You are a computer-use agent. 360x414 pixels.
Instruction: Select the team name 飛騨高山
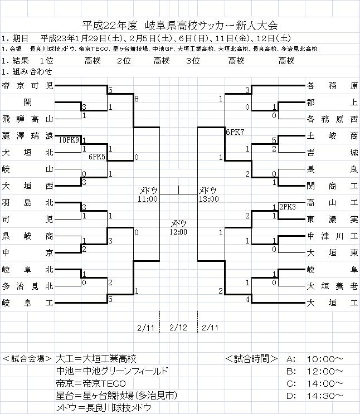click(x=27, y=119)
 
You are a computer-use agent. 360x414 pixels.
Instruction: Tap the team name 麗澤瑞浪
click(x=27, y=135)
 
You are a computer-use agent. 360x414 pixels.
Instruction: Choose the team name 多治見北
click(x=27, y=286)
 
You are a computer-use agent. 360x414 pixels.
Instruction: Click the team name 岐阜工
click(x=27, y=303)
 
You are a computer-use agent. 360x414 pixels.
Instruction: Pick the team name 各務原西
click(x=332, y=119)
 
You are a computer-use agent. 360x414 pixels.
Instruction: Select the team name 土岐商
click(x=332, y=135)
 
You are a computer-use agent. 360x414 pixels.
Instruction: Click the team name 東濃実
click(x=332, y=219)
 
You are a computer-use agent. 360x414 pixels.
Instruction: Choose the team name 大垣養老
click(x=332, y=286)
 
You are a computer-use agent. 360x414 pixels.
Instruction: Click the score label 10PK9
click(x=69, y=140)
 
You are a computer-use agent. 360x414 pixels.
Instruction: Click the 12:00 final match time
click(x=179, y=231)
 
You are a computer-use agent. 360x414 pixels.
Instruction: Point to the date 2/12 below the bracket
click(x=179, y=327)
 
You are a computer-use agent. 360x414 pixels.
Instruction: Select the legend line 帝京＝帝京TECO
click(x=91, y=383)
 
